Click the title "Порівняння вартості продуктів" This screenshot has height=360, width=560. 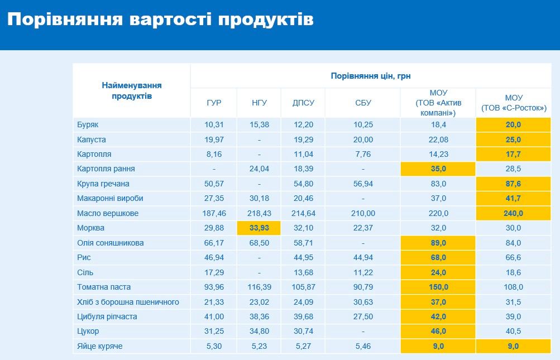point(160,20)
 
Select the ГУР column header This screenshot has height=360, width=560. point(214,103)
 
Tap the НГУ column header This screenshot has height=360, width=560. point(259,103)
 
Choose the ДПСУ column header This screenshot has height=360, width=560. point(303,103)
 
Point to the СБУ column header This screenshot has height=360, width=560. point(363,103)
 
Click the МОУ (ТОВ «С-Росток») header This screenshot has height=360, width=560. point(514,103)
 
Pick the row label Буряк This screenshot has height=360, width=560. point(88,125)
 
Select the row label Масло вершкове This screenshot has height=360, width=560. point(108,213)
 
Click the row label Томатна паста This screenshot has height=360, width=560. point(104,287)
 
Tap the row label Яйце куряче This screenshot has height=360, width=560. point(100,346)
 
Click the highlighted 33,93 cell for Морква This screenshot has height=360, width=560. point(259,228)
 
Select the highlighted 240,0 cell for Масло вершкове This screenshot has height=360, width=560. point(513,213)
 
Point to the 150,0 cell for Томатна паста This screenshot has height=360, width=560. point(438,287)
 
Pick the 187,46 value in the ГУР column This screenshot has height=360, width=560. point(214,213)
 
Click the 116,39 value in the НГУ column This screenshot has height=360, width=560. point(259,287)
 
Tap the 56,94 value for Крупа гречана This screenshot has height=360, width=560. point(363,184)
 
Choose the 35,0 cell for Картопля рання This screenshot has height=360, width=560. point(438,169)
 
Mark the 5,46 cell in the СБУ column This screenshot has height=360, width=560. point(363,346)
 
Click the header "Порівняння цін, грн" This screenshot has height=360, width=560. point(371,76)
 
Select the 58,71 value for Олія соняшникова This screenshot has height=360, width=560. point(303,243)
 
